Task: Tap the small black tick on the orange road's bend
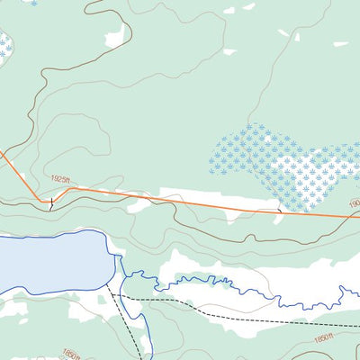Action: [51, 203]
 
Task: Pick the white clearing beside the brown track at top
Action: [114, 37]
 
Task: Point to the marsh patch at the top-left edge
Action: [4, 45]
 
